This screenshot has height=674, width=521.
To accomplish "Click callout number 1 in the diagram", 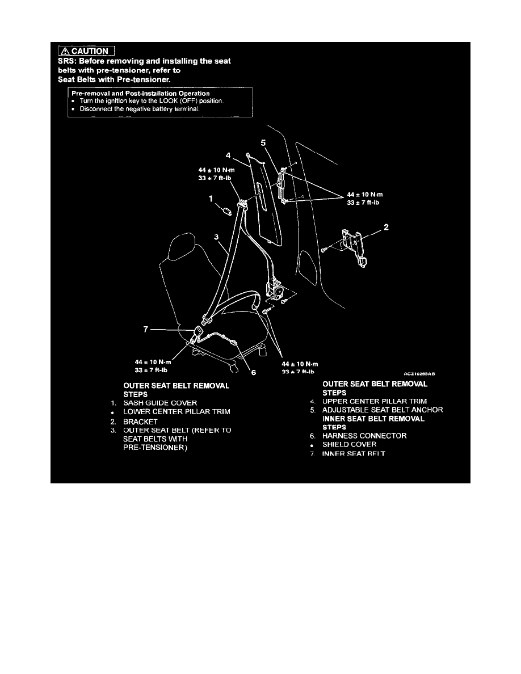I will click(x=211, y=199).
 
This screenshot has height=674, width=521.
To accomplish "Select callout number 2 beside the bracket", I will click(x=386, y=228).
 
